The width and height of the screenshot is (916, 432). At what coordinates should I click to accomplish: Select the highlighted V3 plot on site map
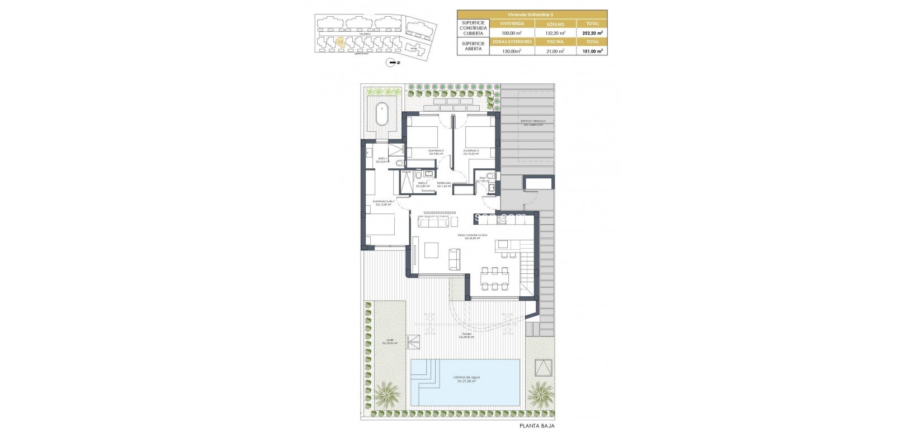[339, 41]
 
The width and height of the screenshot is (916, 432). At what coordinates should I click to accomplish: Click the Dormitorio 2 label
[436, 151]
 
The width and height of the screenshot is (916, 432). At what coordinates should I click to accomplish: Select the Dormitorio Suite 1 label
[384, 202]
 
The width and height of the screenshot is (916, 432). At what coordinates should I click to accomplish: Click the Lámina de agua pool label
[466, 378]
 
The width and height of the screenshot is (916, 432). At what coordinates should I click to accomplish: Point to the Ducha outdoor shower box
[414, 341]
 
